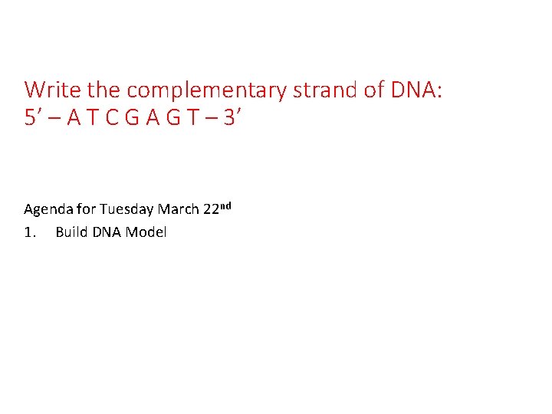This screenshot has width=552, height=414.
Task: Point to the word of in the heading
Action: tap(373, 90)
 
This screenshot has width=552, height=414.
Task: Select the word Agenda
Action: tap(48, 209)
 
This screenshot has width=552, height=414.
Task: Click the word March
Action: tap(177, 209)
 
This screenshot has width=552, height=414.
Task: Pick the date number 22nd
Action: tap(216, 209)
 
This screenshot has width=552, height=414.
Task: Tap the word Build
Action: tap(71, 232)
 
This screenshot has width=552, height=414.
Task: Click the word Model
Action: tap(146, 232)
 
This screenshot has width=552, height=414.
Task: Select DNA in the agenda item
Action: tap(107, 232)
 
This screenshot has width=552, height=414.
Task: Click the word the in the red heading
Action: tap(103, 90)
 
